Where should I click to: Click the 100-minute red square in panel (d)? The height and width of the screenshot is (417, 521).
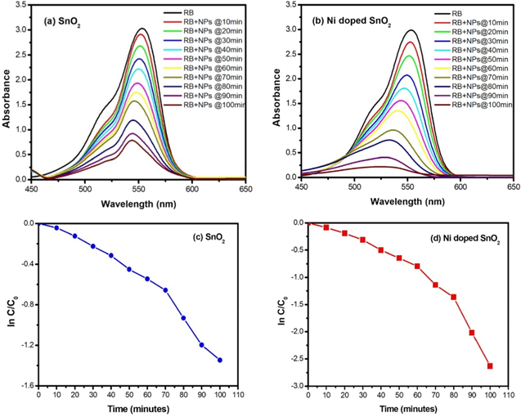point(490,365)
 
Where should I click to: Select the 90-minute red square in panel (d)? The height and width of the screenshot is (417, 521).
point(472,332)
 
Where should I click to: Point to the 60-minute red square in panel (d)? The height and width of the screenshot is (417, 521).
point(417,266)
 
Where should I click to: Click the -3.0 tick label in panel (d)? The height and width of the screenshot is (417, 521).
point(297,385)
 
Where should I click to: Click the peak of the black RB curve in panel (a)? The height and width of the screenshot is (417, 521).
point(141,29)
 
